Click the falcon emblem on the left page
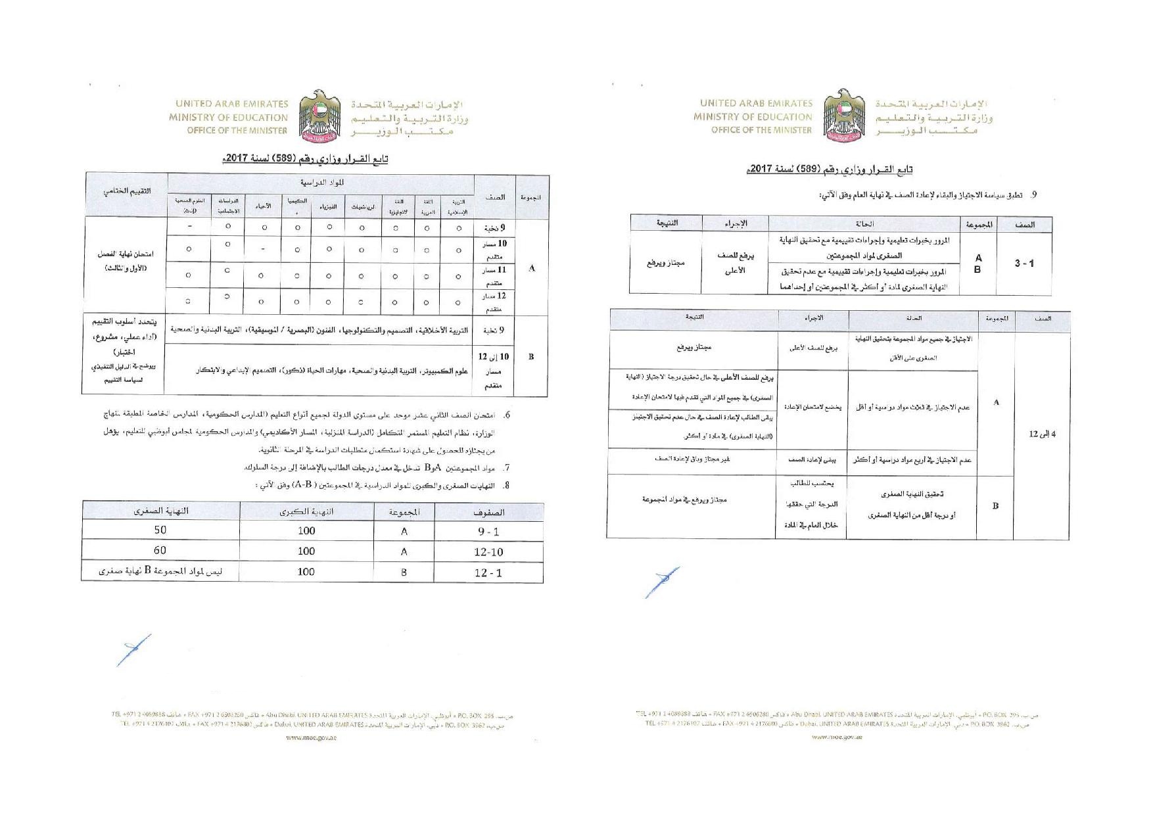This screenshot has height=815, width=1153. (320, 116)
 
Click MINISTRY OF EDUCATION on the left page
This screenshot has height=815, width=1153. (228, 118)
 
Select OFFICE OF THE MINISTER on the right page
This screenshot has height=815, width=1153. (761, 130)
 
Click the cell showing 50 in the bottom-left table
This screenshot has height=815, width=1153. (160, 530)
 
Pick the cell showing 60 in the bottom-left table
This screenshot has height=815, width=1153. (160, 550)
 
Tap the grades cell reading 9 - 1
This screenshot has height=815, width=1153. (488, 531)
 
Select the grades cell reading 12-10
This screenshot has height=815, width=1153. (488, 552)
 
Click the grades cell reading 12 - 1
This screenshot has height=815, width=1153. (488, 572)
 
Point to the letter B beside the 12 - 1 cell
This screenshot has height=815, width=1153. (404, 572)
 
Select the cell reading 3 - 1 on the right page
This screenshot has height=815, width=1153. (1024, 263)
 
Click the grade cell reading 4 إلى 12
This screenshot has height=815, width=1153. (1042, 434)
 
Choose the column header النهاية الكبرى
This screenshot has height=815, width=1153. (306, 511)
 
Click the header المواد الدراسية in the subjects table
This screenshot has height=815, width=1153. (321, 182)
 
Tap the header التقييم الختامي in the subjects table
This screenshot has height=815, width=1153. (126, 191)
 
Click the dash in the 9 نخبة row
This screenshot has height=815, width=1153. (189, 227)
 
